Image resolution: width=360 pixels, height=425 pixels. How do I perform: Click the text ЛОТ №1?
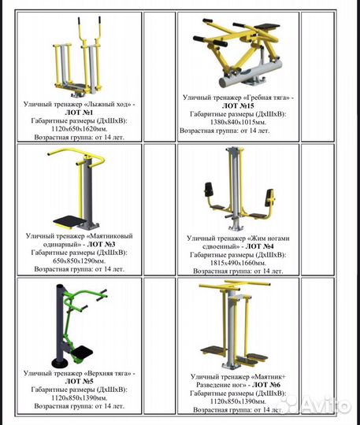[x=79, y=113]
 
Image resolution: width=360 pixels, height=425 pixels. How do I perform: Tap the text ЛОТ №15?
[x=238, y=105]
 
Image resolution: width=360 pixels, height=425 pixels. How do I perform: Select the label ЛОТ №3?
[x=101, y=244]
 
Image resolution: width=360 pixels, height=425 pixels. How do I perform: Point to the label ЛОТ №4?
[x=260, y=246]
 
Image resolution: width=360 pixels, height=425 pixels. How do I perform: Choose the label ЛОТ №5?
[x=79, y=382]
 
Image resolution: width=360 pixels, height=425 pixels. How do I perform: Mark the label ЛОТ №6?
[x=266, y=385]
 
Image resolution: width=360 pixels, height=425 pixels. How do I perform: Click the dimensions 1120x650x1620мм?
[x=80, y=128]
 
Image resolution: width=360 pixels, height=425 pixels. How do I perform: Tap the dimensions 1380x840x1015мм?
[x=238, y=122]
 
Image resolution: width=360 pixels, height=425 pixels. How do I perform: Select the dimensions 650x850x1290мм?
[x=80, y=261]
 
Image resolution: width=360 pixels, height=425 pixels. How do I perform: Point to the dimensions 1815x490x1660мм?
[x=238, y=263]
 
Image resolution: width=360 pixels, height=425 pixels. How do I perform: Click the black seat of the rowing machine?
[x=269, y=27]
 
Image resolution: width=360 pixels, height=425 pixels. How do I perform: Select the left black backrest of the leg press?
[x=209, y=190]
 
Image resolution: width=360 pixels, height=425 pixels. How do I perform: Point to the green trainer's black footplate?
[x=82, y=353]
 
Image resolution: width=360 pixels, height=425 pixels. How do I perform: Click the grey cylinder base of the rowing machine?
[x=251, y=73]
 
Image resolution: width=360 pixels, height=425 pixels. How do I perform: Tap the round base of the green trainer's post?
[x=60, y=363]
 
